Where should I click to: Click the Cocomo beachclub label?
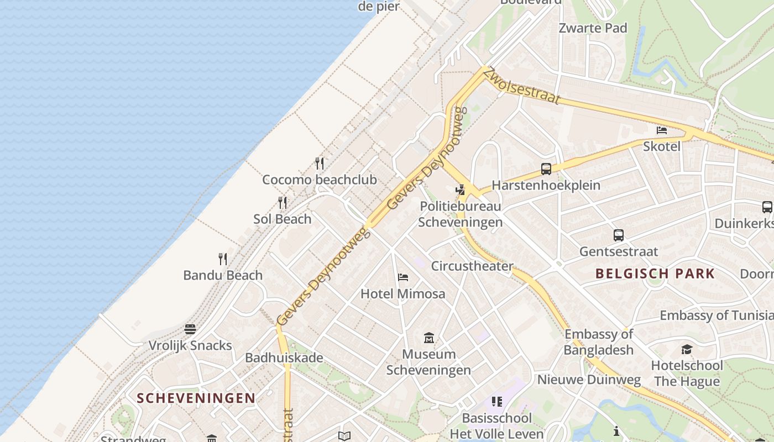(319, 180)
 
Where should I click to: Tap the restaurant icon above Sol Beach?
(283, 203)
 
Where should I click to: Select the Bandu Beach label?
(223, 275)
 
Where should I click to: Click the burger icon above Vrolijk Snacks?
(190, 329)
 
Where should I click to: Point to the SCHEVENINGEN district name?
(196, 398)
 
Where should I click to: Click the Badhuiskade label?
(284, 357)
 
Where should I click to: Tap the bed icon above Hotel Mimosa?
(403, 277)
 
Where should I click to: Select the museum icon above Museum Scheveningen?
(428, 338)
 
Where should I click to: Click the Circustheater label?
(472, 266)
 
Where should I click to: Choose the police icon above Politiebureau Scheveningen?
(460, 190)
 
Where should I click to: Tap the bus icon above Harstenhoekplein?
(546, 169)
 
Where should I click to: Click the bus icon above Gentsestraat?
(619, 235)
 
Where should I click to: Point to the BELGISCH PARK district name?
(655, 273)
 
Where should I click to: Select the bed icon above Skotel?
(661, 130)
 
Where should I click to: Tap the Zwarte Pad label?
(593, 28)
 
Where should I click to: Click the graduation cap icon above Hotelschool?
(687, 349)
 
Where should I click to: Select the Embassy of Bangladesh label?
(599, 342)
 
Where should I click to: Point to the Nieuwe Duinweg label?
(589, 380)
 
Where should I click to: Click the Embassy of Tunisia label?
(717, 315)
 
